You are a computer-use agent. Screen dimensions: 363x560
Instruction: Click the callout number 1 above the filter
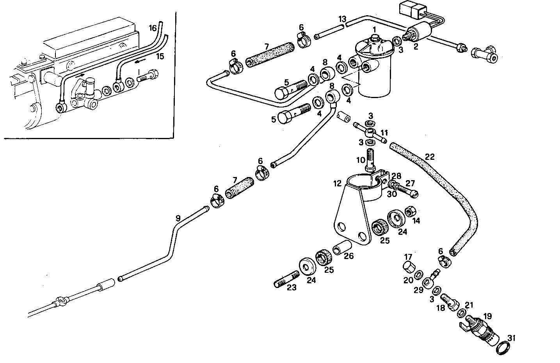[374, 29]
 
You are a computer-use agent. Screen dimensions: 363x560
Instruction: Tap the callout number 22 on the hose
[429, 157]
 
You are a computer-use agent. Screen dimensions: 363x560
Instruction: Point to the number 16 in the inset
[153, 28]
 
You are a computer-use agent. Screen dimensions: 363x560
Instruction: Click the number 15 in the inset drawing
[160, 56]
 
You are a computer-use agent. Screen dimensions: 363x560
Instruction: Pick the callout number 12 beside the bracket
[338, 183]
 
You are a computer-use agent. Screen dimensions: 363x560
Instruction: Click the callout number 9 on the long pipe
[178, 218]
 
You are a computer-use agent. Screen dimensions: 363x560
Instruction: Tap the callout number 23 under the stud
[292, 288]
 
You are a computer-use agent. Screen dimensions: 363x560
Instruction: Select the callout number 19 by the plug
[487, 316]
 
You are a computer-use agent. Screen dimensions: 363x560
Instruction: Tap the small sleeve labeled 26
[342, 248]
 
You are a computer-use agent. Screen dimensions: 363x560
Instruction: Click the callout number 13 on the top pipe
[342, 19]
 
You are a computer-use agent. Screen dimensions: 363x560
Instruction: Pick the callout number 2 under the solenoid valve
[416, 47]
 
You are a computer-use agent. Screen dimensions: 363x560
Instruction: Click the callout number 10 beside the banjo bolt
[360, 160]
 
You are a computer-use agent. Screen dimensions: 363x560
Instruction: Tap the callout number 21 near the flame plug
[469, 304]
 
